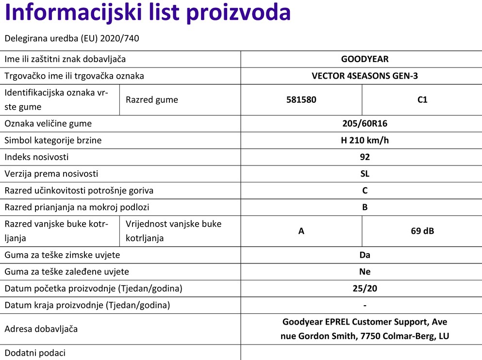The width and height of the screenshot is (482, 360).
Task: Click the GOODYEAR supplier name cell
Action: point(365,59)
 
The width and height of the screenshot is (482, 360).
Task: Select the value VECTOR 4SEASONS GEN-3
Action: point(365,76)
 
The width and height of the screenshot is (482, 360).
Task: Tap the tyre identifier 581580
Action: point(301,100)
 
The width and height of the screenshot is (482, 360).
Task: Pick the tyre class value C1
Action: point(422,100)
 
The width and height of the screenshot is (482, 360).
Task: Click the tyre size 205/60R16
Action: point(365,124)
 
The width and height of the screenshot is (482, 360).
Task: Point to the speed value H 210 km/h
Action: point(365,141)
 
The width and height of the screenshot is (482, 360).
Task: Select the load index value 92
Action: point(365,157)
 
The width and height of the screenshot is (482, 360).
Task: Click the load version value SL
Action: point(365,174)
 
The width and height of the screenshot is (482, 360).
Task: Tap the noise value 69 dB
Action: point(422,231)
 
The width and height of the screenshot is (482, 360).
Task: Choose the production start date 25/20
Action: point(365,289)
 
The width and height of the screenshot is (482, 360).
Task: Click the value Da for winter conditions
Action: point(365,255)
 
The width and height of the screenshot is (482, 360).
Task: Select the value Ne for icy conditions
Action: point(365,272)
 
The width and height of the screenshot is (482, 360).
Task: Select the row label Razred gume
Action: point(151,100)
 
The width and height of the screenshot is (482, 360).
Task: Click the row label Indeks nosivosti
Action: point(36,157)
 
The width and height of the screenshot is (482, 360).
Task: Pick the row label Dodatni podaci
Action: point(35,353)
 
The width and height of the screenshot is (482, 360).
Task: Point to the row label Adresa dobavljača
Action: point(41,329)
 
